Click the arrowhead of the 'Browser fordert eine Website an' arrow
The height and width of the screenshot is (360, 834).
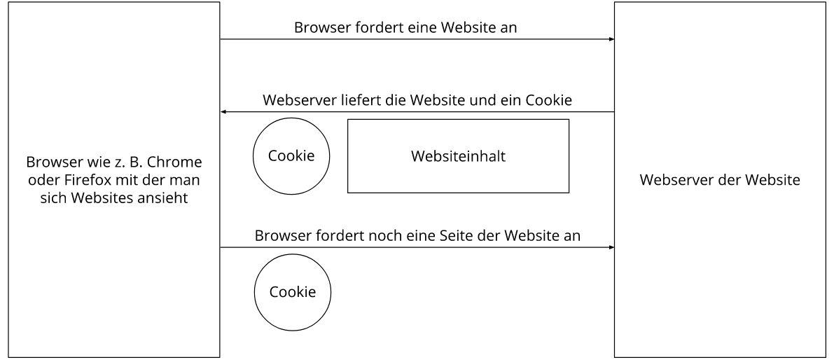coord(612,39)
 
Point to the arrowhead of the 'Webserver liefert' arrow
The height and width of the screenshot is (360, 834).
coord(223,111)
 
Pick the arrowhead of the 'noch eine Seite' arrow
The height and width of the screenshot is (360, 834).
coord(612,247)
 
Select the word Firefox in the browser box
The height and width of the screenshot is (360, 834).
coord(74,180)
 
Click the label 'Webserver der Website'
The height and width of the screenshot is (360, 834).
coord(720,180)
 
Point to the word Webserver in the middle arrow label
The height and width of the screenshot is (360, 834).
coord(299,100)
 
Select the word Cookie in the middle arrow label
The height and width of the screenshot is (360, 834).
coord(549,100)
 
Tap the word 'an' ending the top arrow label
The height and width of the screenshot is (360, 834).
coord(508,27)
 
